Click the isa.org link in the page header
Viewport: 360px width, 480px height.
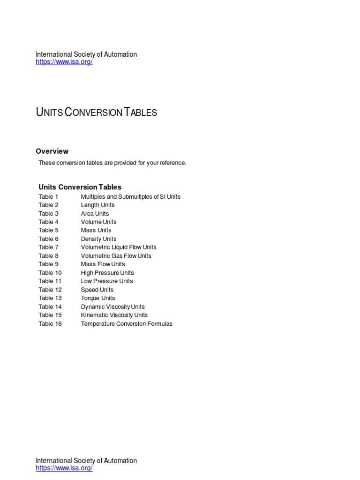[64, 62]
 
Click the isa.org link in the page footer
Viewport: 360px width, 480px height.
[64, 468]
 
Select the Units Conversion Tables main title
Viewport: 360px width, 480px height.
[96, 112]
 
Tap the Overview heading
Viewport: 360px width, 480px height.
[52, 151]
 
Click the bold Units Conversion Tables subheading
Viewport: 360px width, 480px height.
[80, 187]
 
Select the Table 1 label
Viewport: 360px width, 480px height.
[48, 197]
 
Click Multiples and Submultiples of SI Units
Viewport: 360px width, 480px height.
[130, 197]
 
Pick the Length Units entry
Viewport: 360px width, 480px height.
[97, 205]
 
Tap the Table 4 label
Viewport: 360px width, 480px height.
[48, 222]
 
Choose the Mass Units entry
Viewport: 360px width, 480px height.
[96, 230]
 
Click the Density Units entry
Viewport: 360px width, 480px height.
[98, 239]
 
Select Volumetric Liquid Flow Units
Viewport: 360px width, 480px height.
[119, 247]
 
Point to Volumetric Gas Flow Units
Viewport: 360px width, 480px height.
[116, 255]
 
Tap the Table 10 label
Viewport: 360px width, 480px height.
[50, 273]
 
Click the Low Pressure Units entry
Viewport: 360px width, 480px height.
[107, 281]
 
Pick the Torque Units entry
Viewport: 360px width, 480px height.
[97, 298]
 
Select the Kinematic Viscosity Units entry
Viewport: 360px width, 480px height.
[114, 315]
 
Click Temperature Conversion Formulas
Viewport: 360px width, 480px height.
[127, 323]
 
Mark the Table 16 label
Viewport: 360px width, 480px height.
[50, 323]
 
